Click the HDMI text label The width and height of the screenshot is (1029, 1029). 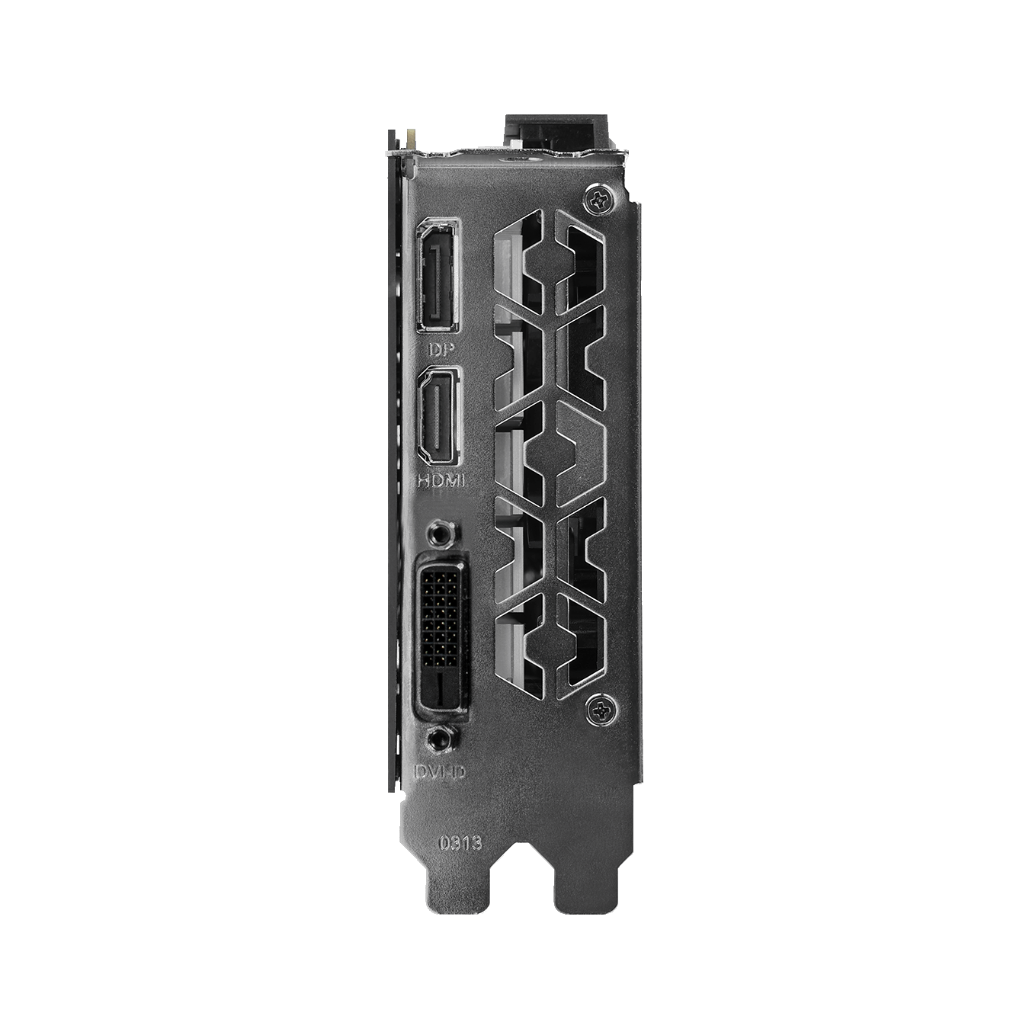tap(441, 480)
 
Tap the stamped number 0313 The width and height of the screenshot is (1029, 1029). tap(460, 843)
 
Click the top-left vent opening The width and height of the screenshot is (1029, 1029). tap(519, 259)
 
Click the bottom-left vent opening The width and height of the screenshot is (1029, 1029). tap(519, 644)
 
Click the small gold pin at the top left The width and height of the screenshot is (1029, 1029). tap(412, 140)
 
